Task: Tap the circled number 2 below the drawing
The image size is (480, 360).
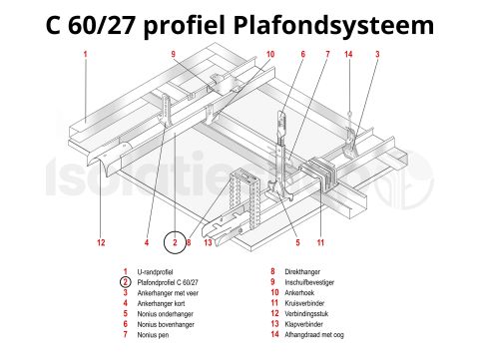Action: pyautogui.click(x=175, y=241)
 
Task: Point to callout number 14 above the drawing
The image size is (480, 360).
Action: pyautogui.click(x=348, y=54)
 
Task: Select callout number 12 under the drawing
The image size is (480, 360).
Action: pyautogui.click(x=101, y=241)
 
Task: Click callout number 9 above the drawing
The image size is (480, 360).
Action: pyautogui.click(x=174, y=54)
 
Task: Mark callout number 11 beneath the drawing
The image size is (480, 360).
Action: pyautogui.click(x=320, y=241)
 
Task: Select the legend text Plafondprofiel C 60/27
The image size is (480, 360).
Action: pyautogui.click(x=168, y=282)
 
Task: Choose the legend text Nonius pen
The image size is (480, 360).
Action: pyautogui.click(x=152, y=335)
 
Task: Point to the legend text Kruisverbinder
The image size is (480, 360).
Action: pyautogui.click(x=303, y=303)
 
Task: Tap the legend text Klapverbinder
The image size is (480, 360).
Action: pyautogui.click(x=302, y=324)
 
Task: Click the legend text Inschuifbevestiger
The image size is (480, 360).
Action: pyautogui.click(x=308, y=282)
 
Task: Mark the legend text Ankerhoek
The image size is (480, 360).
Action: pyautogui.click(x=297, y=293)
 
